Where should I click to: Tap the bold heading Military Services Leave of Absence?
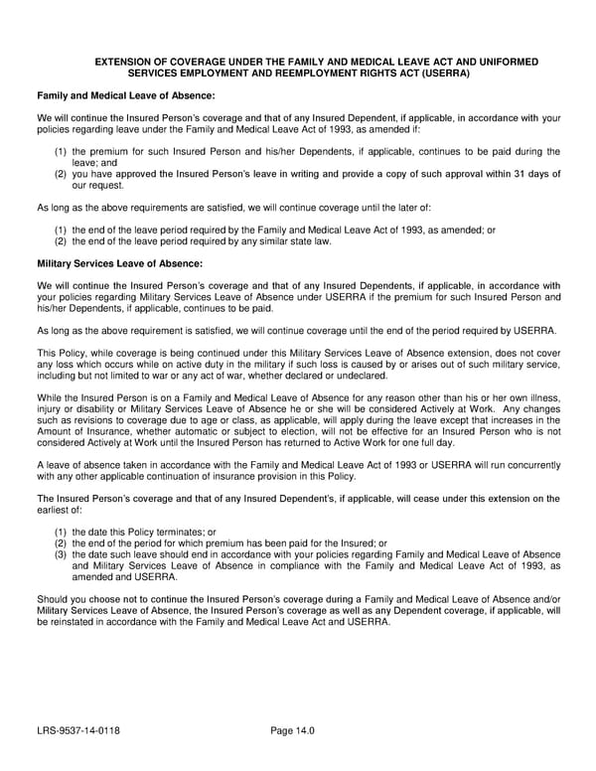point(119,263)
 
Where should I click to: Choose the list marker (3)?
point(61,554)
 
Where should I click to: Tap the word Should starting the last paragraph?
point(54,599)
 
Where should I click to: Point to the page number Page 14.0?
point(292,731)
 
